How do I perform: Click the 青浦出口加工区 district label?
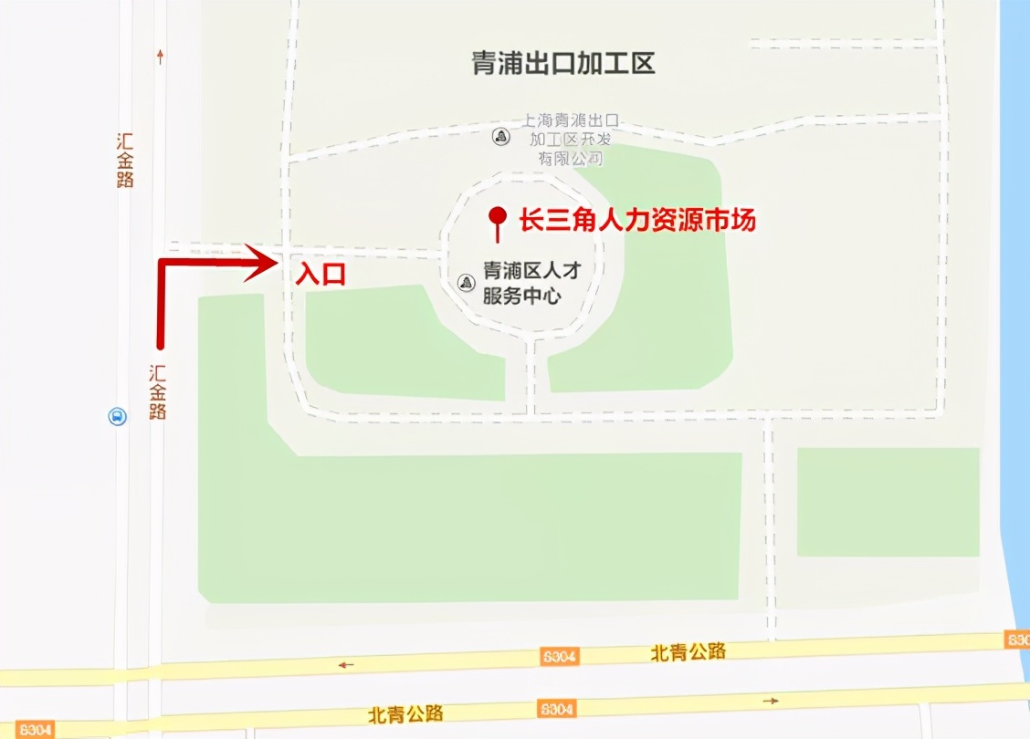[x=563, y=63]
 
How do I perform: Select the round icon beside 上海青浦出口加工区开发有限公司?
[x=500, y=137]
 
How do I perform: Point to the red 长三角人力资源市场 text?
[x=637, y=220]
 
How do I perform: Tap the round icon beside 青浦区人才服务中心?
[x=467, y=282]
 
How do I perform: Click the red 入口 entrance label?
[x=321, y=275]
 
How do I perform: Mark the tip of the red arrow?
[x=275, y=264]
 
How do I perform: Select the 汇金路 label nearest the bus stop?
[x=158, y=391]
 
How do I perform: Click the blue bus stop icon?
[x=118, y=417]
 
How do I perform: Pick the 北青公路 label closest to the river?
[x=688, y=651]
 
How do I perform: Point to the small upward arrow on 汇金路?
[x=161, y=57]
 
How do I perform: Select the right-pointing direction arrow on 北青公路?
[x=771, y=701]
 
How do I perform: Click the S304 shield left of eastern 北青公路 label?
[x=559, y=655]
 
